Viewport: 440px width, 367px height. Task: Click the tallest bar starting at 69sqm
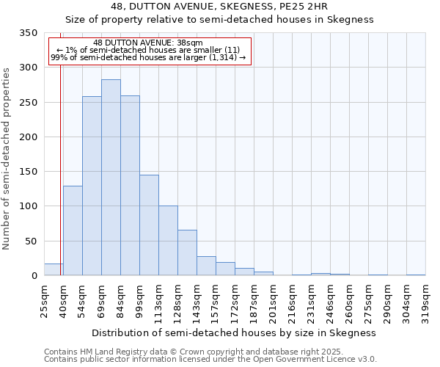pos(111,178)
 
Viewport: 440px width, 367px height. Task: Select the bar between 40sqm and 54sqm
pos(73,230)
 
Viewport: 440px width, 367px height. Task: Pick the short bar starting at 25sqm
pos(54,269)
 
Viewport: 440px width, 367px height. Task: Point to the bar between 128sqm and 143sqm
pos(187,252)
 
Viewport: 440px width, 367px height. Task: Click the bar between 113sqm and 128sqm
pos(168,241)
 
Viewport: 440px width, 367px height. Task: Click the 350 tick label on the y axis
pos(27,33)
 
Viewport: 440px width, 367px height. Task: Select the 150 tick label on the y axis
pos(27,172)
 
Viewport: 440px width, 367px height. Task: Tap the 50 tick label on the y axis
pos(30,241)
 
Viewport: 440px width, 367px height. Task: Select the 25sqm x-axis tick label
pos(44,299)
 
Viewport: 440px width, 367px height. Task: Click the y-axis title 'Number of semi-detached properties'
pos(7,158)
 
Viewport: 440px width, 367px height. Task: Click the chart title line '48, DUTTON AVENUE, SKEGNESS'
pos(224,7)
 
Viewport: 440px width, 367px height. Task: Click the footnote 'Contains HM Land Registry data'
pos(194,352)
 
